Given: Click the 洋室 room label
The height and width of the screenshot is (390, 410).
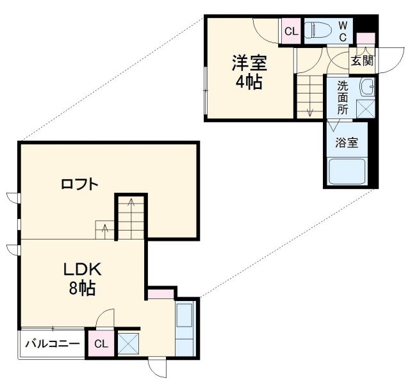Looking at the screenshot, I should coord(249,63).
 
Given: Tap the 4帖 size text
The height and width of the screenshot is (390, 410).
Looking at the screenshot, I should coord(249,83).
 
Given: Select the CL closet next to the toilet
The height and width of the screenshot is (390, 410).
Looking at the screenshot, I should coord(291,31).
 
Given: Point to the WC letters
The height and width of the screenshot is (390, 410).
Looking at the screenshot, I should coord(343,31).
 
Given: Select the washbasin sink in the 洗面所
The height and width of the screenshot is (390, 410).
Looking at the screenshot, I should coord(367,86).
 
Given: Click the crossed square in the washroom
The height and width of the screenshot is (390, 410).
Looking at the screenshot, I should coord(366,109).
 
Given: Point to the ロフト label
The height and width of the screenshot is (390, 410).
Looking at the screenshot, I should coord(79,184).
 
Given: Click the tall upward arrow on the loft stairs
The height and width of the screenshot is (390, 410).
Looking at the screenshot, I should coord(131,211).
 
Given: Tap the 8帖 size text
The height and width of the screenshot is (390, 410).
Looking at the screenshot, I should coord(82,289).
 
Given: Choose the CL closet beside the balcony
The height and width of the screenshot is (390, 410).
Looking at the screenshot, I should coord(101,344).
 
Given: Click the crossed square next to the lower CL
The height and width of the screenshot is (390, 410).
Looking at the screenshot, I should coord(127,344).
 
